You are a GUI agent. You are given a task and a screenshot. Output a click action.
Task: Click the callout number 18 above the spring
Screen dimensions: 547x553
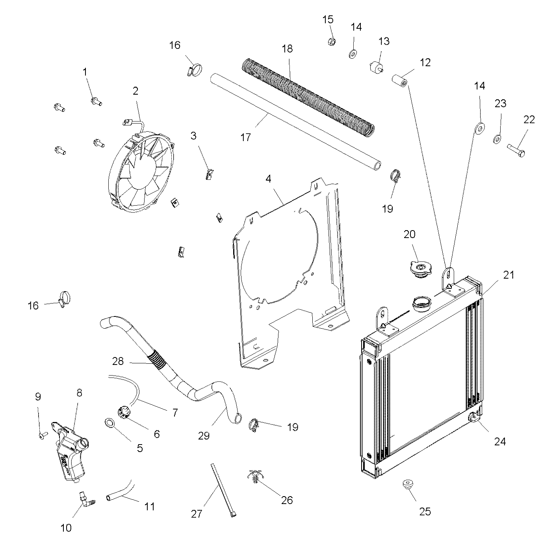click(288, 49)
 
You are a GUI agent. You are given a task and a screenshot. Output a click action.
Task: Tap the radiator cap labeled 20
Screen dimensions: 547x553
click(420, 269)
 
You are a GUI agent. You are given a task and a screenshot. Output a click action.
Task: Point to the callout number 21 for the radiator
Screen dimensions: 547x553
click(509, 275)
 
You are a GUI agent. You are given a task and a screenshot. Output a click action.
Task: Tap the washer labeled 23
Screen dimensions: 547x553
click(497, 139)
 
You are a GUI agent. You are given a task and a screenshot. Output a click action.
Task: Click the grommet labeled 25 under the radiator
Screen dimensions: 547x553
click(408, 484)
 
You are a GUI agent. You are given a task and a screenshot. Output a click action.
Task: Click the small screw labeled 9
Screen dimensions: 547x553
click(43, 435)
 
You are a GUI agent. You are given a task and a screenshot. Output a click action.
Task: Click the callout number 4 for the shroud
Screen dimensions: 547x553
click(268, 179)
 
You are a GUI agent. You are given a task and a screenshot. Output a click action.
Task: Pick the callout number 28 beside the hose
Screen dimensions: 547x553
click(118, 361)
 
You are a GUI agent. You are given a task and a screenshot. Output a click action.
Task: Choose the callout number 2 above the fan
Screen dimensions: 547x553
click(135, 91)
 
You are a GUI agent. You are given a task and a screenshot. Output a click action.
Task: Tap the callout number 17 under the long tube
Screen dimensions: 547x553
click(245, 138)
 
